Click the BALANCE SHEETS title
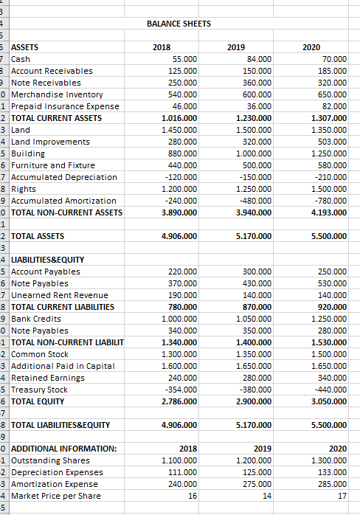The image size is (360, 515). click(179, 24)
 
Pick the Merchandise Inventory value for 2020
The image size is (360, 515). click(333, 94)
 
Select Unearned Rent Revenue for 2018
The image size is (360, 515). click(182, 295)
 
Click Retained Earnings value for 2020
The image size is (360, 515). click(333, 378)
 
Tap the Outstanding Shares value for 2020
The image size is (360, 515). click(331, 460)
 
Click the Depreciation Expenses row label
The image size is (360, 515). click(52, 472)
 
